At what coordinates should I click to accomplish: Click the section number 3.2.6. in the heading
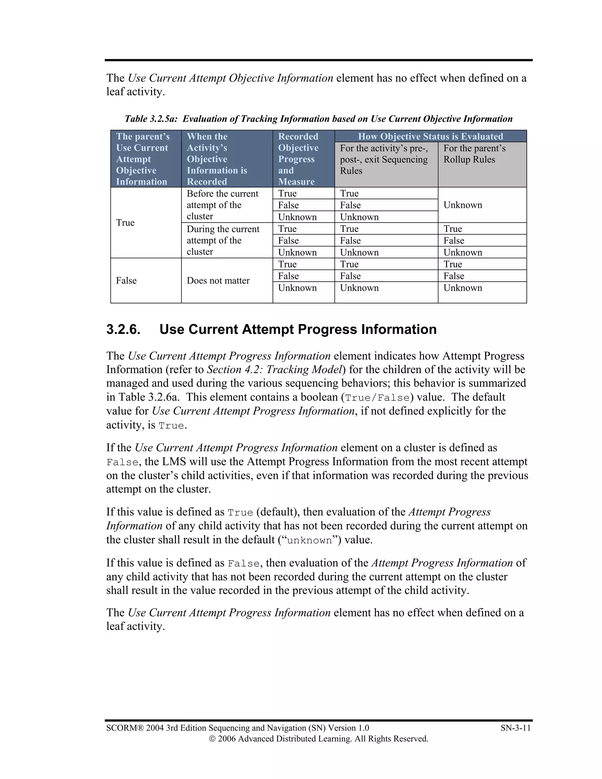(x=123, y=329)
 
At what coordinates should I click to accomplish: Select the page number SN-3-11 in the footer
(x=515, y=728)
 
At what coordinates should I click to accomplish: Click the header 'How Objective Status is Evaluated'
(x=430, y=136)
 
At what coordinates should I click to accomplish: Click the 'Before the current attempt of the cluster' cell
(x=222, y=205)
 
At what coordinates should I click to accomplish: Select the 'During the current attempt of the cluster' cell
(x=223, y=240)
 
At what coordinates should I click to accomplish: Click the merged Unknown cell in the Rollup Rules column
(x=463, y=205)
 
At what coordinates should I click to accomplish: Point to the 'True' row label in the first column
(x=125, y=223)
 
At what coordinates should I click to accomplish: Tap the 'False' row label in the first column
(x=126, y=281)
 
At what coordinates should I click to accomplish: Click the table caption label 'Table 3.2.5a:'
(x=151, y=119)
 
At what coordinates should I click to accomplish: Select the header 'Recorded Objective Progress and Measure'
(x=298, y=159)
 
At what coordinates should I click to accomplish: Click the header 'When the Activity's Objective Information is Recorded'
(x=217, y=159)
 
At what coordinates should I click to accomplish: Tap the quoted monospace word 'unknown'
(x=309, y=540)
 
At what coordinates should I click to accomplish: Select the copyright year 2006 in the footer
(x=226, y=739)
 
